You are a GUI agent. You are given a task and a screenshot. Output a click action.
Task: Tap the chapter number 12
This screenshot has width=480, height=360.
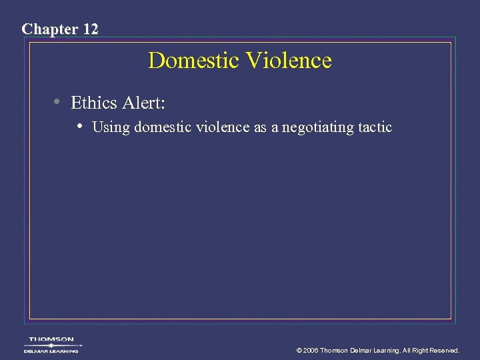[x=90, y=29]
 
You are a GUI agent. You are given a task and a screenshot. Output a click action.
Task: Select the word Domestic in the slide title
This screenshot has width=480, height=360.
[x=194, y=61]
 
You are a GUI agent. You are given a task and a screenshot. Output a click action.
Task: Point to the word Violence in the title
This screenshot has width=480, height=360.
[x=289, y=61]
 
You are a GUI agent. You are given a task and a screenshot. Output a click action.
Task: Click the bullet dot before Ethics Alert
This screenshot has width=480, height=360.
[x=59, y=102]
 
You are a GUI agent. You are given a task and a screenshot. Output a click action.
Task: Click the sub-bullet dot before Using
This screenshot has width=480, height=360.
[x=80, y=125]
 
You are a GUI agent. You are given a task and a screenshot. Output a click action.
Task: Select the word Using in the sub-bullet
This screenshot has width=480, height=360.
[x=111, y=127]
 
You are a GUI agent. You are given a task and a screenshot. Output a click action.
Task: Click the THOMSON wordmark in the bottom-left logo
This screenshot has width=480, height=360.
[x=51, y=339]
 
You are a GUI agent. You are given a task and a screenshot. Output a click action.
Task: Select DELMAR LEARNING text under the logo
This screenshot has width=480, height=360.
[x=51, y=351]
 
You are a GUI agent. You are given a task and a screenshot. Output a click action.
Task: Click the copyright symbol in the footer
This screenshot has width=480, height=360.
[x=299, y=350]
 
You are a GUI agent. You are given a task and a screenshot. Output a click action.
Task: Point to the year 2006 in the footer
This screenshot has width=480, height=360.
[x=311, y=350]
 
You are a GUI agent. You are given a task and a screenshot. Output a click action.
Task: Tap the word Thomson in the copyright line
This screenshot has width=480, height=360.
[x=335, y=350]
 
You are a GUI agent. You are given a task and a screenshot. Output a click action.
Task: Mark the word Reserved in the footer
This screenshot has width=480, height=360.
[x=443, y=350]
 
